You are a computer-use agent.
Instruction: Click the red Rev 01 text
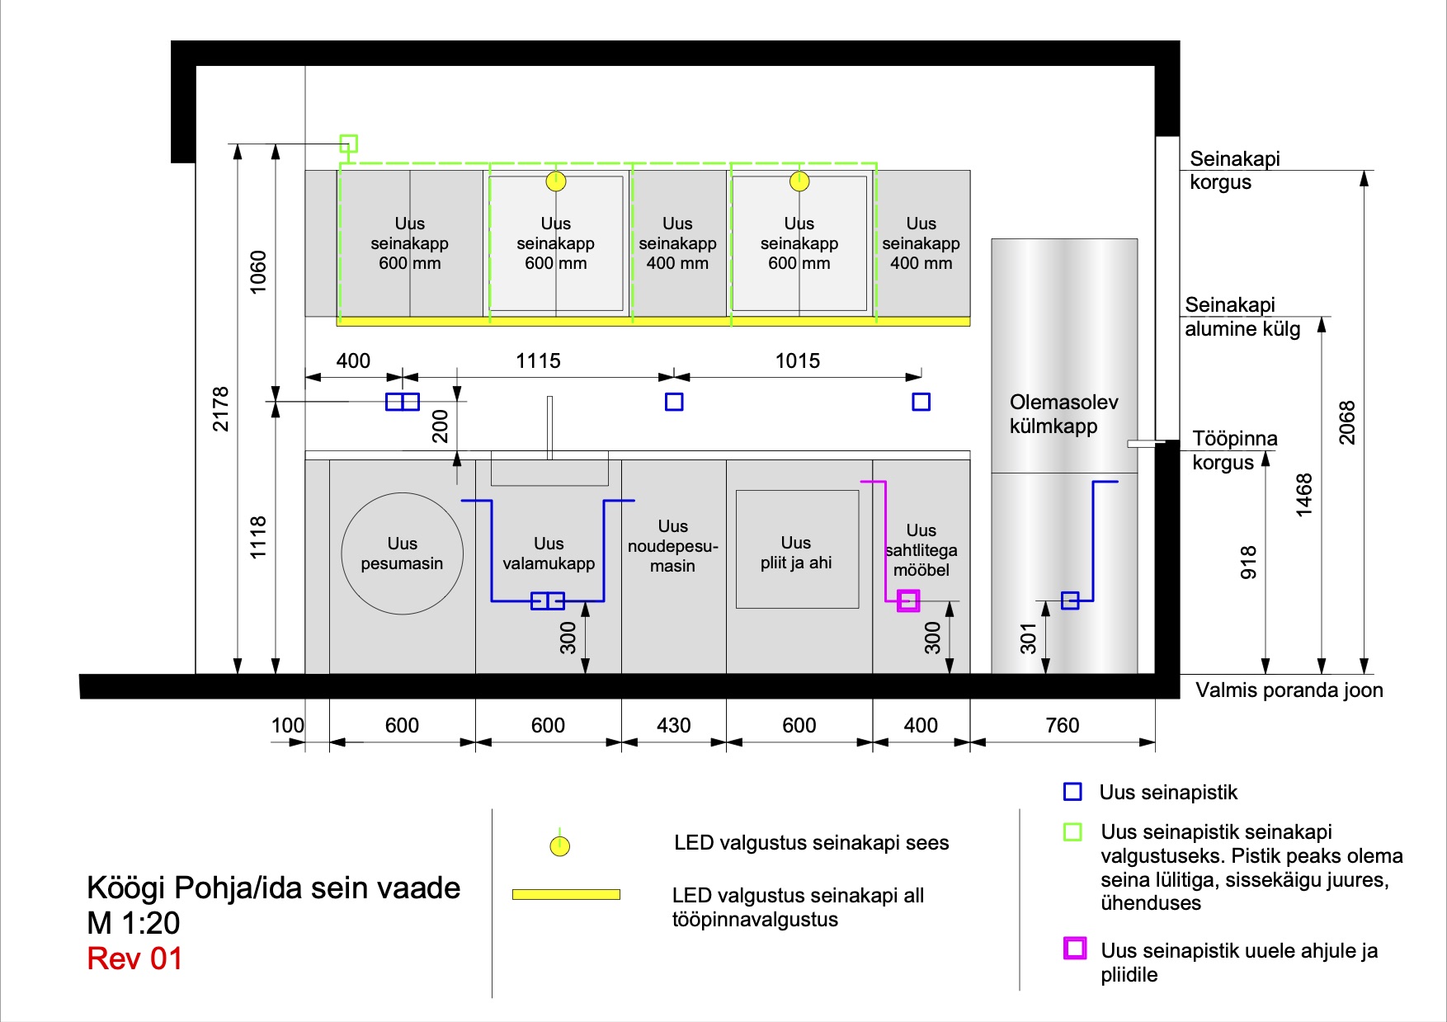(x=134, y=958)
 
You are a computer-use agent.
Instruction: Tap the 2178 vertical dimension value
(x=220, y=409)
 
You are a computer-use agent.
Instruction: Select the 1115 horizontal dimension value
(x=538, y=360)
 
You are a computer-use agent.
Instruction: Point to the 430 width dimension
(x=673, y=725)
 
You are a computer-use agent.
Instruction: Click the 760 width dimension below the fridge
(x=1062, y=725)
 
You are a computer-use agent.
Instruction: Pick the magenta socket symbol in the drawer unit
(x=908, y=600)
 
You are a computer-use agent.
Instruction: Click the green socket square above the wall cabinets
(x=348, y=144)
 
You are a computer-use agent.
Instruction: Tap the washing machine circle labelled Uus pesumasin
(x=402, y=553)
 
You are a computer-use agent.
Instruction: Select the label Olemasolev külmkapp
(x=1063, y=414)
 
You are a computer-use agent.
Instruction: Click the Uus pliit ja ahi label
(x=796, y=553)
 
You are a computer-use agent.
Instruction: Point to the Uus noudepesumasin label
(x=672, y=546)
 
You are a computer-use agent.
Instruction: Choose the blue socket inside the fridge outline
(x=1070, y=600)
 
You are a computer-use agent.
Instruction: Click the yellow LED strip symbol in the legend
(x=566, y=894)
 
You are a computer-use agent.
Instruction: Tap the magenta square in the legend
(x=1074, y=949)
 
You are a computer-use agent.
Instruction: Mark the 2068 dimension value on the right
(x=1346, y=422)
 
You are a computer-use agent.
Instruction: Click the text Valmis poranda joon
(x=1289, y=690)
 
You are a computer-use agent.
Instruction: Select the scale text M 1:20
(x=134, y=923)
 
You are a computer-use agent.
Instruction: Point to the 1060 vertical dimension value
(x=258, y=271)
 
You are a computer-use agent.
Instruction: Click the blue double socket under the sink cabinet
(x=548, y=600)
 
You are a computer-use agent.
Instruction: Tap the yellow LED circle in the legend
(x=560, y=845)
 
